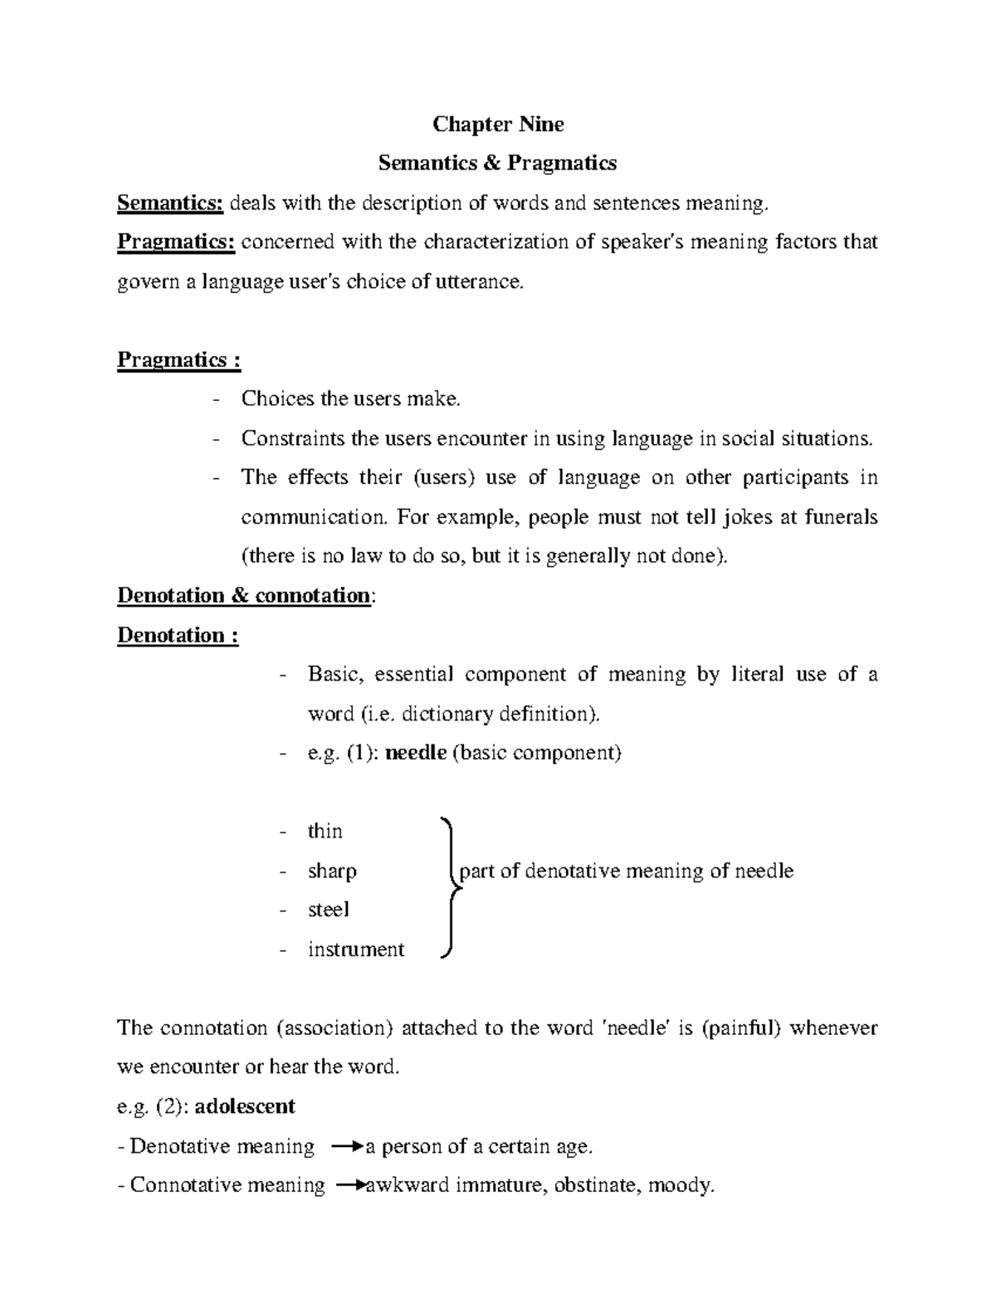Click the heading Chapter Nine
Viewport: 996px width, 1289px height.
pos(498,125)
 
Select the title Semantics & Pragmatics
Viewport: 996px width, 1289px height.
pos(497,164)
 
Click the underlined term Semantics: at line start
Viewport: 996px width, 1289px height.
pos(170,203)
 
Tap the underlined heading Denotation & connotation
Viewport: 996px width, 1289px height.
pos(244,596)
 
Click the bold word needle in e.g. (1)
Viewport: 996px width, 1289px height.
pos(417,753)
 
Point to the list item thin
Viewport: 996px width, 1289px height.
pos(325,832)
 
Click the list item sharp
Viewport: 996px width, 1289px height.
pos(332,872)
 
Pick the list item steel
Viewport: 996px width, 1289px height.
pos(329,910)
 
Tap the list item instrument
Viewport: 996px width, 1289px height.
pos(355,950)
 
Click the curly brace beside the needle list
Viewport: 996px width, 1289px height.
pos(449,888)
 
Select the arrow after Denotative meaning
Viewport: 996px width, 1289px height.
pos(347,1147)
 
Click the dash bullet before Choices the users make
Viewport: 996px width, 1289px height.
pos(217,400)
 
